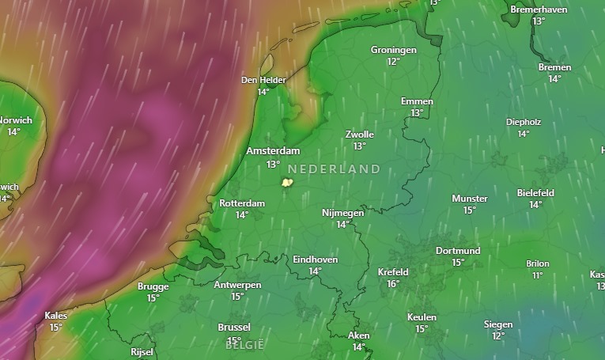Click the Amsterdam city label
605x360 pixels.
tap(273, 151)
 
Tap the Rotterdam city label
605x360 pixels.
tap(242, 203)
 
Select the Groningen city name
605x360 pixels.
tap(393, 50)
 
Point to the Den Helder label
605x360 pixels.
tap(263, 80)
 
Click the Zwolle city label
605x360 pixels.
tap(360, 135)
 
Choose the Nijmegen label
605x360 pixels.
tap(342, 213)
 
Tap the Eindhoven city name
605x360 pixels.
tap(315, 260)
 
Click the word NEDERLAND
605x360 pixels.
tap(334, 169)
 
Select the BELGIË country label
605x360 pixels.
tap(244, 345)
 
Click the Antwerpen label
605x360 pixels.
tap(237, 285)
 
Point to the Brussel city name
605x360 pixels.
tap(234, 328)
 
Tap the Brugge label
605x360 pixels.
tap(153, 286)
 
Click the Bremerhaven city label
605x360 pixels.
tap(539, 9)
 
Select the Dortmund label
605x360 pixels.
tap(458, 251)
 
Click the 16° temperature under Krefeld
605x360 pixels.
tap(393, 284)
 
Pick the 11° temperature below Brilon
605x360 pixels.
tap(538, 275)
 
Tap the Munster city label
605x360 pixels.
tap(470, 199)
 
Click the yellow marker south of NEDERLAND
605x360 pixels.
tap(287, 183)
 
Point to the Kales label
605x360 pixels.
tap(56, 316)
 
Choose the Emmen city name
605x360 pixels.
tap(417, 101)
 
